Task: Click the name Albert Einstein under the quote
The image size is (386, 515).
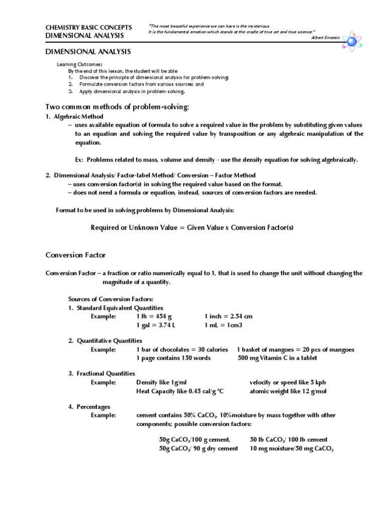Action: (x=326, y=37)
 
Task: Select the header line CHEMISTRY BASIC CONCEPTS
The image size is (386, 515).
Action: (x=88, y=27)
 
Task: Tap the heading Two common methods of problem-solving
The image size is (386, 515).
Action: (x=118, y=107)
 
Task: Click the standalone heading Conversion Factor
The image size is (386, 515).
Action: (x=75, y=255)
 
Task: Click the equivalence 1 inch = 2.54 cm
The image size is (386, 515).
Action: (x=228, y=316)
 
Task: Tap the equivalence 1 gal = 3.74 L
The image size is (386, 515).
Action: (x=156, y=325)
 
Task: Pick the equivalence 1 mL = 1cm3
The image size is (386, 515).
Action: (x=223, y=325)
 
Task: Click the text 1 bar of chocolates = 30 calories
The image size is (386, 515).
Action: (x=181, y=350)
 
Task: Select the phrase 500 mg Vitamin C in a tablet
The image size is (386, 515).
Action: (x=277, y=358)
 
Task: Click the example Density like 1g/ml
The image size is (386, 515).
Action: (x=161, y=382)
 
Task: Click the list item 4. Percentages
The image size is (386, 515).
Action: (x=89, y=406)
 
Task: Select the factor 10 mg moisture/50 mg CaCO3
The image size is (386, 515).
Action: (x=292, y=449)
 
